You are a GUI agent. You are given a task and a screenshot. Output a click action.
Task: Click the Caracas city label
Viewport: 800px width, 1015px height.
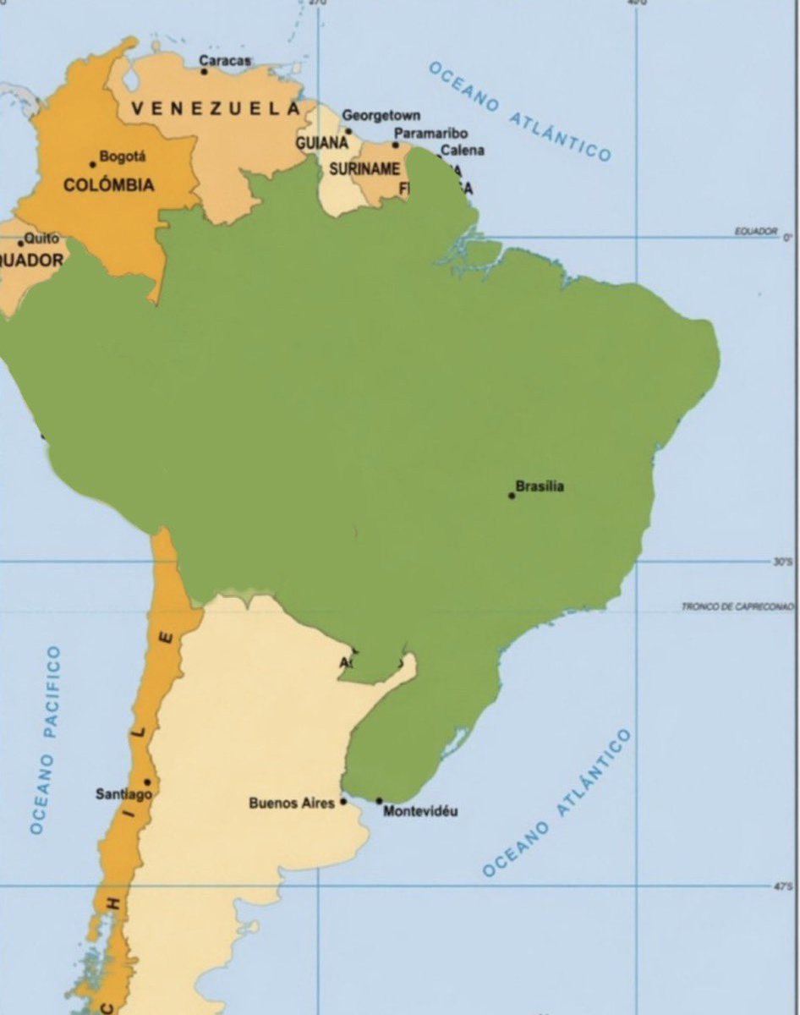click(225, 60)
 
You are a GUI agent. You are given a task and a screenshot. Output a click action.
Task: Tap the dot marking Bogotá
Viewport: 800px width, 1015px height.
click(93, 164)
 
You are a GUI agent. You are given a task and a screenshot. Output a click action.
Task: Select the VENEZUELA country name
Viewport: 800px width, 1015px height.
click(215, 108)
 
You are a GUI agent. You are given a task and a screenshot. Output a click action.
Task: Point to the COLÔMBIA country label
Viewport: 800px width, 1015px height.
click(108, 184)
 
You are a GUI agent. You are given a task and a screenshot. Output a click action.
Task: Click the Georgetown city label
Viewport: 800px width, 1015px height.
click(381, 115)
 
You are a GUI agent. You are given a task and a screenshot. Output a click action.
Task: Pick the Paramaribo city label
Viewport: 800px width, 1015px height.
click(430, 134)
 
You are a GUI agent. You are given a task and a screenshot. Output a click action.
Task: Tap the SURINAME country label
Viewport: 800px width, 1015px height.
click(364, 169)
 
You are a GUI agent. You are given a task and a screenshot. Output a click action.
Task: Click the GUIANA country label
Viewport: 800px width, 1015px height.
click(321, 144)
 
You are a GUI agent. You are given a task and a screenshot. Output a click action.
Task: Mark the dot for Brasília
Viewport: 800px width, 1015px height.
click(512, 495)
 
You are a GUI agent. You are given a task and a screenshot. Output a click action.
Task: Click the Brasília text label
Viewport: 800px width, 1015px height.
click(540, 486)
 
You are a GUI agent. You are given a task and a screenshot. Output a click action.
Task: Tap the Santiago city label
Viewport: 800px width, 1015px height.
click(123, 794)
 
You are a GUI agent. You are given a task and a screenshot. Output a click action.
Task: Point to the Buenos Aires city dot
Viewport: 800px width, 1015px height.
click(343, 801)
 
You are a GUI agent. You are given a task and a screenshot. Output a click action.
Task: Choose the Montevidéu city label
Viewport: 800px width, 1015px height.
click(420, 812)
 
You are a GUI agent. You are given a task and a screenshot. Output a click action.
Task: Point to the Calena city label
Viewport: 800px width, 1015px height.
click(463, 151)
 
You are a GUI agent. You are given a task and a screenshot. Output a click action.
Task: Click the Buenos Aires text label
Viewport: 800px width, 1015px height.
click(291, 803)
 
